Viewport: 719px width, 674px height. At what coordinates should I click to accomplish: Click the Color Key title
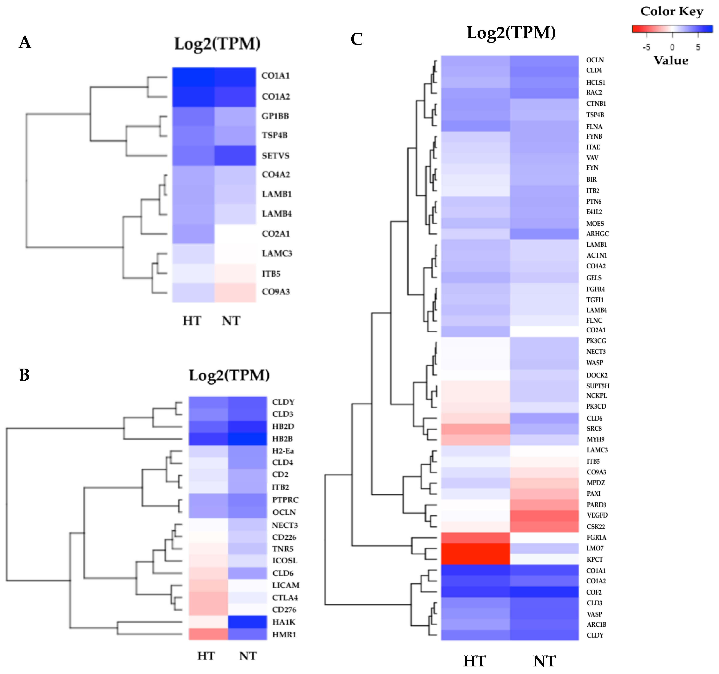pyautogui.click(x=672, y=11)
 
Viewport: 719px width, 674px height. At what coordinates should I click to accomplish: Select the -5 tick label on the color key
pyautogui.click(x=646, y=47)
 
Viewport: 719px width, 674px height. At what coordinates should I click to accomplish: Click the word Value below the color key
pyautogui.click(x=671, y=60)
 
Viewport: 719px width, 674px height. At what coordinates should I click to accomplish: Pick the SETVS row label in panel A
pyautogui.click(x=276, y=156)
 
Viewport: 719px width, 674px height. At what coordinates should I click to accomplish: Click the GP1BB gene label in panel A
pyautogui.click(x=275, y=116)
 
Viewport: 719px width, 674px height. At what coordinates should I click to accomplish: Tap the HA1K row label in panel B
pyautogui.click(x=284, y=622)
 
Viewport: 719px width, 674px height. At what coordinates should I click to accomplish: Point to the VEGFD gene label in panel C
pyautogui.click(x=597, y=515)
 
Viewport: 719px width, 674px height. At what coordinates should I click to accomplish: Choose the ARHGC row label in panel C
pyautogui.click(x=598, y=234)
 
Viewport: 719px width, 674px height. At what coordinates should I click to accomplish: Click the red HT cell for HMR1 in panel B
pyautogui.click(x=208, y=634)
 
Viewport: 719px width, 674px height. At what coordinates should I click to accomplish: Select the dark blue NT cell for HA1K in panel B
pyautogui.click(x=247, y=622)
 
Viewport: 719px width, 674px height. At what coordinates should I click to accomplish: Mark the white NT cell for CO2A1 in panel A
pyautogui.click(x=235, y=234)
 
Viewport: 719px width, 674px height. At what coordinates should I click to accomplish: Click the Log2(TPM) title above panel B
pyautogui.click(x=229, y=375)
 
